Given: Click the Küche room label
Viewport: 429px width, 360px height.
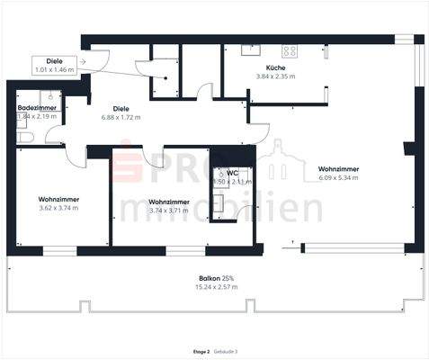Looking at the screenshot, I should [276, 69].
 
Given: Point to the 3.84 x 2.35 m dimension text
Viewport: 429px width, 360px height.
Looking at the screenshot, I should [276, 77].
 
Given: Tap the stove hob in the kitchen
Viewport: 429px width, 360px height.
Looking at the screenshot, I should [290, 51].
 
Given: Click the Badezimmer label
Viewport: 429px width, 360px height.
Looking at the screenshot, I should [37, 108].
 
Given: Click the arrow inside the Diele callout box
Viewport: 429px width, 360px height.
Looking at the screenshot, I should [83, 62].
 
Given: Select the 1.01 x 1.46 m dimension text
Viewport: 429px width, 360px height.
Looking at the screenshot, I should [53, 69].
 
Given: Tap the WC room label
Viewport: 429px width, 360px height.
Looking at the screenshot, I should [232, 173].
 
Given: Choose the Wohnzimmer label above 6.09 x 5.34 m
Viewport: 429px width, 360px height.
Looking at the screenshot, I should [338, 169].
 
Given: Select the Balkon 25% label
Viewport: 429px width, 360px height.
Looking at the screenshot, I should [216, 278].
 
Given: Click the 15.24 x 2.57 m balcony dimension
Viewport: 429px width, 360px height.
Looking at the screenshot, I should [216, 287].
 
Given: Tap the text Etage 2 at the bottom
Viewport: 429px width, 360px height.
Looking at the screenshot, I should [201, 352].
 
